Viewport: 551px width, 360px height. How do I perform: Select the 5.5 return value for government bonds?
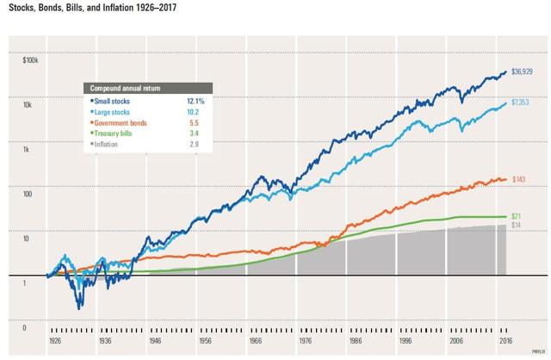point(198,123)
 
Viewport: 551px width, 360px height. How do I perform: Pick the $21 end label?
point(517,215)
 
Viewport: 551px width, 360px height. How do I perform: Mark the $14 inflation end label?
point(517,226)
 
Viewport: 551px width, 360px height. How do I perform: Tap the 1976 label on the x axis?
point(281,342)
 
